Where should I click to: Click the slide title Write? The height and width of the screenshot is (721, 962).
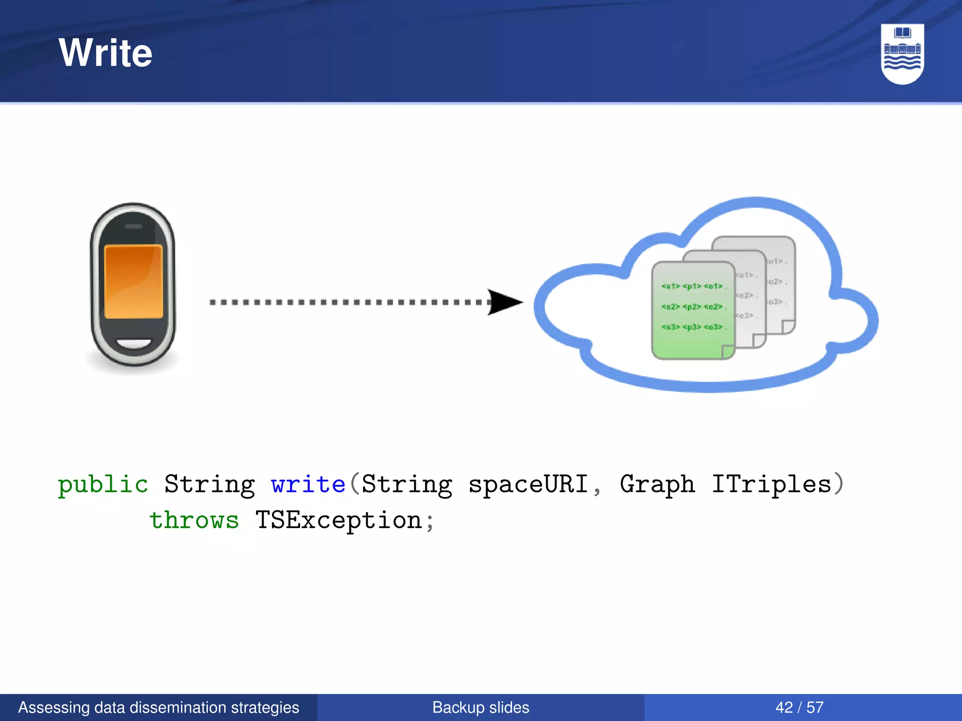(106, 53)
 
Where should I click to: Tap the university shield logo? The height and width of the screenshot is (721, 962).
(902, 54)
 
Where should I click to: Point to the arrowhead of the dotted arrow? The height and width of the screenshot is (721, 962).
(505, 302)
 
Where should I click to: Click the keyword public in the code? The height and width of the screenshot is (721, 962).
(103, 484)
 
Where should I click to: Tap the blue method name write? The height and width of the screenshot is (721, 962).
(308, 484)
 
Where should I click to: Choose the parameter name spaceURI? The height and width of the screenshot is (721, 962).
(528, 484)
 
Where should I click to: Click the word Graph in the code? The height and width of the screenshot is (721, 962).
(657, 484)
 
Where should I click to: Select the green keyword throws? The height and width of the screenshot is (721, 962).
(194, 521)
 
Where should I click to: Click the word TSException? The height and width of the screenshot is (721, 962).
(338, 521)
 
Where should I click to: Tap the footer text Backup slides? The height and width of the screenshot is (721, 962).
(481, 707)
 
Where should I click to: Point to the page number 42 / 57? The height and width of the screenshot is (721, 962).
(799, 707)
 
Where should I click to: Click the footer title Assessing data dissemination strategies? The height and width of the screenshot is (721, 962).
(159, 707)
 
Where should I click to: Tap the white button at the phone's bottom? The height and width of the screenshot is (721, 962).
(134, 343)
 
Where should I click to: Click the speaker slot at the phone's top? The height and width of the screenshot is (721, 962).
(134, 226)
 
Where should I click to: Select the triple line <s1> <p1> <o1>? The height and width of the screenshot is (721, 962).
(692, 286)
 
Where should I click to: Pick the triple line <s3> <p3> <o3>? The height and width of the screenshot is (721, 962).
(692, 327)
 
